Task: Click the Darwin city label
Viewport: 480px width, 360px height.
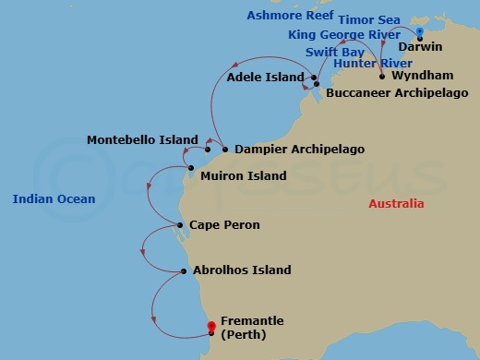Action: [x=420, y=46]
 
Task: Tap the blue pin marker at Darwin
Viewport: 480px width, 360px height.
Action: [x=420, y=33]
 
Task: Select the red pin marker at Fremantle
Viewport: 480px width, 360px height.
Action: [x=211, y=327]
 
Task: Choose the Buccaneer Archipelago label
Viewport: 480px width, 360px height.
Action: [x=397, y=93]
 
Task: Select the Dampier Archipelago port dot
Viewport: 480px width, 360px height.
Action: [x=225, y=149]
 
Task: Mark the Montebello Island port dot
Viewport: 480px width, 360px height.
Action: [x=208, y=149]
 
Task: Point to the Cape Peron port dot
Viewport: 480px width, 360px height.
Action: [x=180, y=225]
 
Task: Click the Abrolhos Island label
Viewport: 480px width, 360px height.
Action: [x=242, y=270]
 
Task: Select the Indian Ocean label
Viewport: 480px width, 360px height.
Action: [x=54, y=198]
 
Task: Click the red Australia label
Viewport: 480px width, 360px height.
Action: [x=396, y=204]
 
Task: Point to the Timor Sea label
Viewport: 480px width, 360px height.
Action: [x=368, y=18]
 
